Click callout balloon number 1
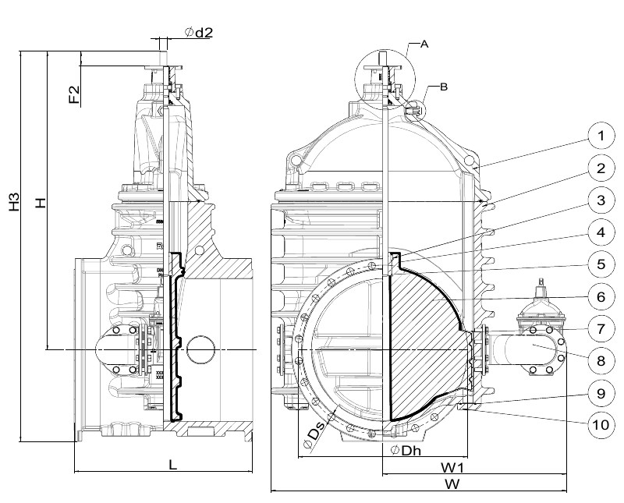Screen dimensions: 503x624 (600, 137)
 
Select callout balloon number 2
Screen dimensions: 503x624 (600, 168)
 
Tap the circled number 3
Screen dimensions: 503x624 (600, 200)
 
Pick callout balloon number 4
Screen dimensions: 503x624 (600, 232)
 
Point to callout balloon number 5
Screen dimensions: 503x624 (600, 264)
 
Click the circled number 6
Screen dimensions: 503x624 (600, 296)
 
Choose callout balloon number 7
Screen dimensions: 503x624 (600, 328)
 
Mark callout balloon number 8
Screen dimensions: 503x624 (600, 360)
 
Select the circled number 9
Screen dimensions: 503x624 (600, 393)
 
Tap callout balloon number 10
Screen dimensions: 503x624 (600, 424)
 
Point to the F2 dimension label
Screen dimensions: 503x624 (73, 95)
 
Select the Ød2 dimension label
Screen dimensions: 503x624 (198, 32)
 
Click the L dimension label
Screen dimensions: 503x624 (173, 464)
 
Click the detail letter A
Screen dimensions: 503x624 (424, 44)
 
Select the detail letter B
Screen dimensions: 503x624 (443, 87)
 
